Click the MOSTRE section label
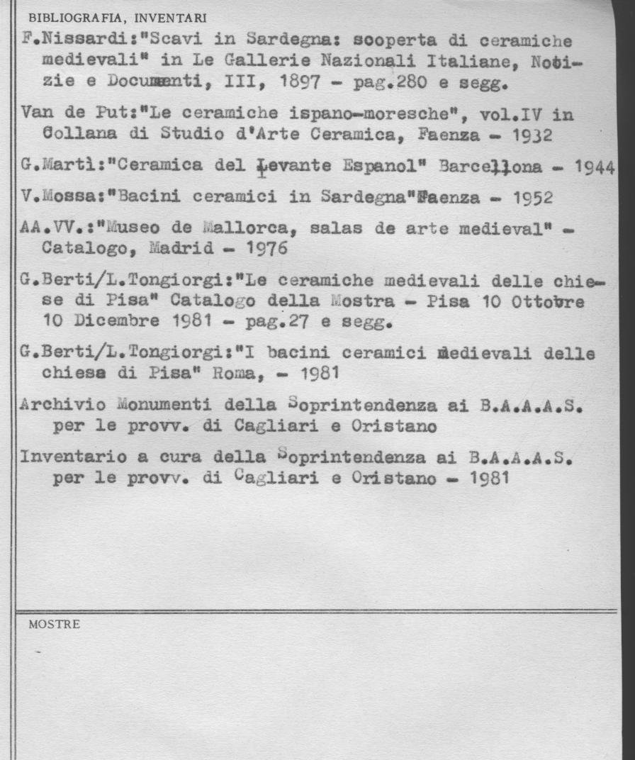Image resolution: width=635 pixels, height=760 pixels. click(x=54, y=625)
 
